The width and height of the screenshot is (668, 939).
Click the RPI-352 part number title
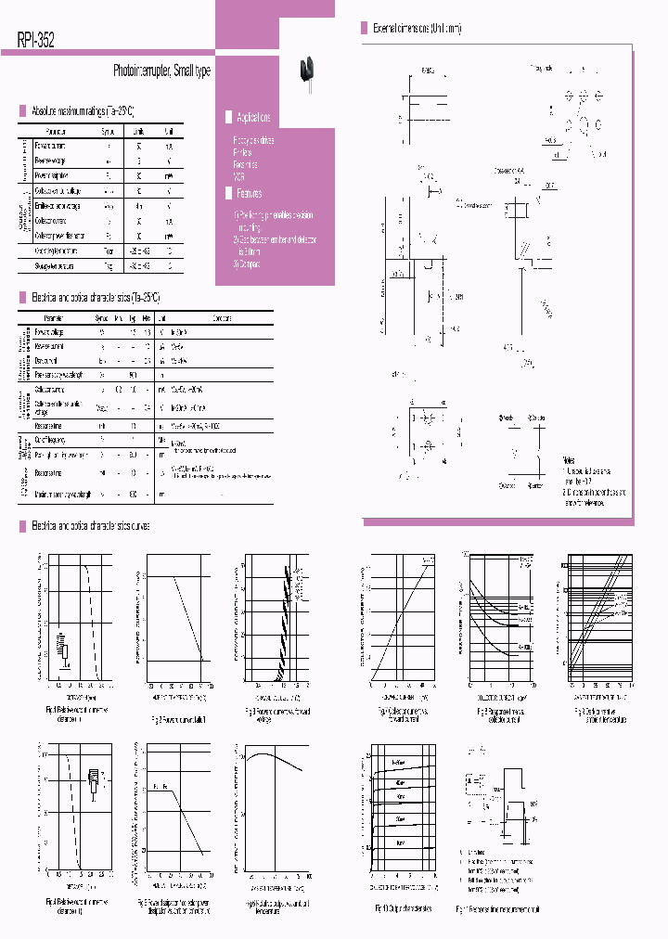click(35, 40)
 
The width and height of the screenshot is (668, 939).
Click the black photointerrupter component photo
click(305, 71)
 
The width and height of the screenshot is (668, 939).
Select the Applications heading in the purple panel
click(253, 118)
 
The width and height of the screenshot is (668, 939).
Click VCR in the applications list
click(239, 174)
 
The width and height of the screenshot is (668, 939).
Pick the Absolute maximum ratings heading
click(89, 109)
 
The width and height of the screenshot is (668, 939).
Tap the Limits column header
click(138, 132)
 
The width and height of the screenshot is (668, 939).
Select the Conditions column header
click(222, 318)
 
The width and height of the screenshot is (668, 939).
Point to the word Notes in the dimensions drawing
click(569, 460)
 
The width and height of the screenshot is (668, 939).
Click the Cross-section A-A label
click(508, 171)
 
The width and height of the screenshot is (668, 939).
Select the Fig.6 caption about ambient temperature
click(597, 714)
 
